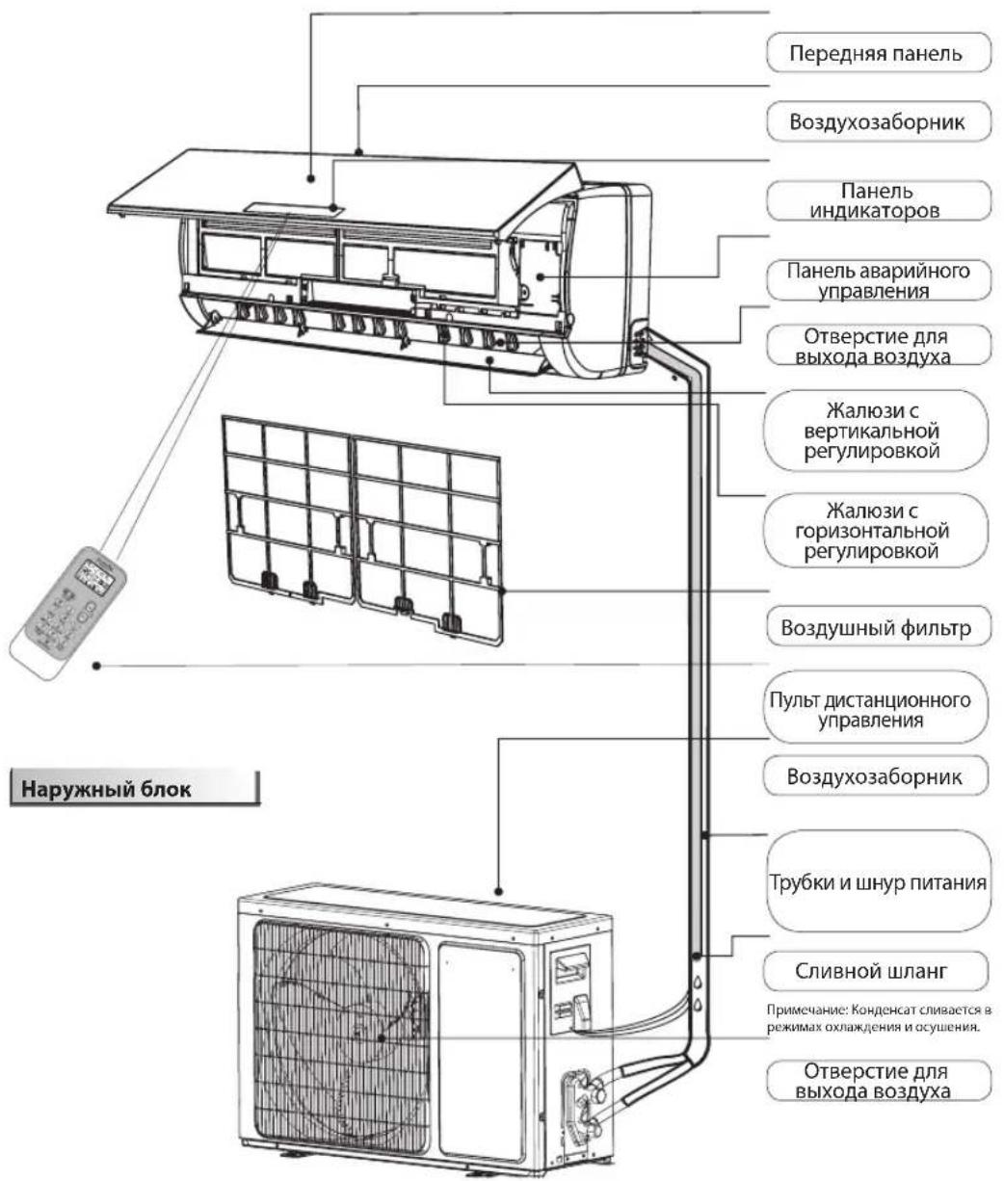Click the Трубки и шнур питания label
(x=877, y=881)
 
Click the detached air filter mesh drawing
(x=361, y=520)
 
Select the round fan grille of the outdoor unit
(x=337, y=1031)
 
